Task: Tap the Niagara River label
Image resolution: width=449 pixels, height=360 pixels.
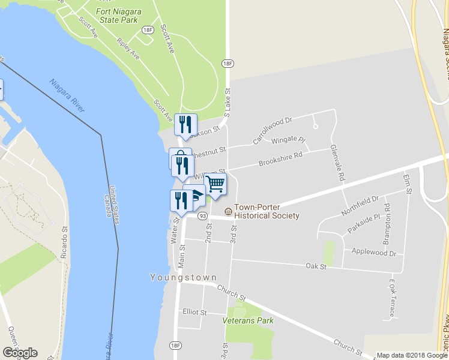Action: [67, 95]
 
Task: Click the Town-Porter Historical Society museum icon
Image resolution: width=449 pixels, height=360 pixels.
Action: [228, 211]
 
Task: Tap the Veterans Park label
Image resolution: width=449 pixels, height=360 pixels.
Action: [248, 320]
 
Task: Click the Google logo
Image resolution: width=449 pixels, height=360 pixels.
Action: [20, 353]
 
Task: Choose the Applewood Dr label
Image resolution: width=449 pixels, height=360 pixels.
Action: [375, 253]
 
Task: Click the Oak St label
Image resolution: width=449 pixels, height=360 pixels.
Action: [315, 266]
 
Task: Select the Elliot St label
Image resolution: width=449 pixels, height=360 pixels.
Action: [194, 313]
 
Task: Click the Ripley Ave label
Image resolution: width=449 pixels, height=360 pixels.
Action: [128, 49]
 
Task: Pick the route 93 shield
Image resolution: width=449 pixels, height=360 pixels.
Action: [203, 216]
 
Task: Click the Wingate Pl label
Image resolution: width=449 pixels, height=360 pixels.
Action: [289, 140]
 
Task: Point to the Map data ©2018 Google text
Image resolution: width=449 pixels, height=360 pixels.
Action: [412, 355]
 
